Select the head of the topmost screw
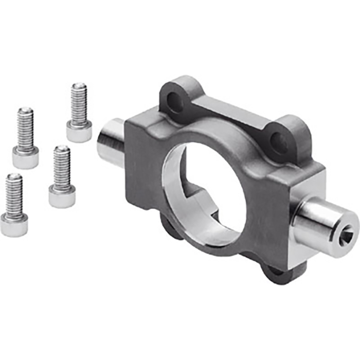79,132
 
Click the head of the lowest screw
14,225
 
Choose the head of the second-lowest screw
62,196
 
